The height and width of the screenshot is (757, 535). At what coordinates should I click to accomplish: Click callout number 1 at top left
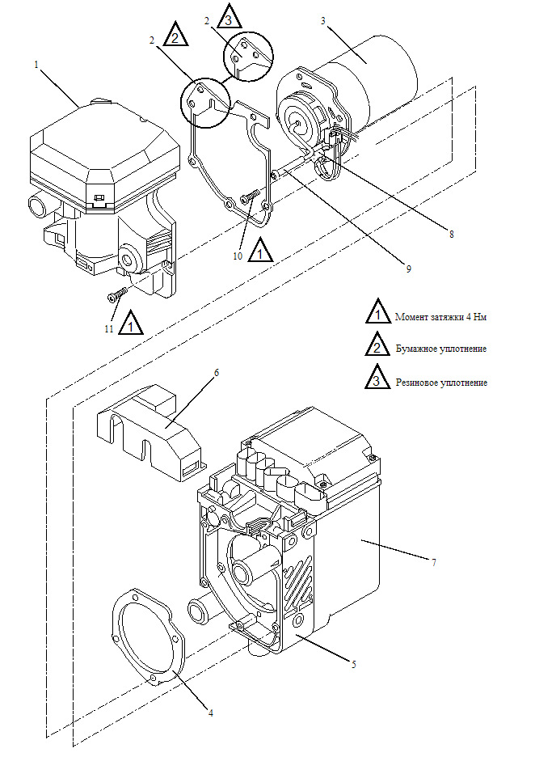click(x=36, y=62)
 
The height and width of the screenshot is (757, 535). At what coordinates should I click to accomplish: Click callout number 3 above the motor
click(x=323, y=20)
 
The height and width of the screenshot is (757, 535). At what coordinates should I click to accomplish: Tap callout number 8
click(x=451, y=235)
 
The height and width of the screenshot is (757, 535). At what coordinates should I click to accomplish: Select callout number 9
click(x=409, y=268)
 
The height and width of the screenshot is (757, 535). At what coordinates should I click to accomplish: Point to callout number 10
click(x=238, y=256)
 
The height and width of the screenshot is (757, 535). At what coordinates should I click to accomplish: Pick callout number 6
click(x=216, y=373)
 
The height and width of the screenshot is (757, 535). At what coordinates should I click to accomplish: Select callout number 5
click(x=354, y=663)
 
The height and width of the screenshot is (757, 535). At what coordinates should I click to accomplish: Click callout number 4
click(x=210, y=713)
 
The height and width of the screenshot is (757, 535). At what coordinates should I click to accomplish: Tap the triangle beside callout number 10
click(x=259, y=251)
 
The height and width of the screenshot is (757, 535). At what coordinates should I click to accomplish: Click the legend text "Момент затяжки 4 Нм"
click(x=440, y=317)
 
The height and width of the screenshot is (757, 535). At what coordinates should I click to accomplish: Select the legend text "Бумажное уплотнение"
click(x=440, y=349)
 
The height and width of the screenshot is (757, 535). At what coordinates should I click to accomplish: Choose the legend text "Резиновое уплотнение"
click(x=441, y=382)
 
